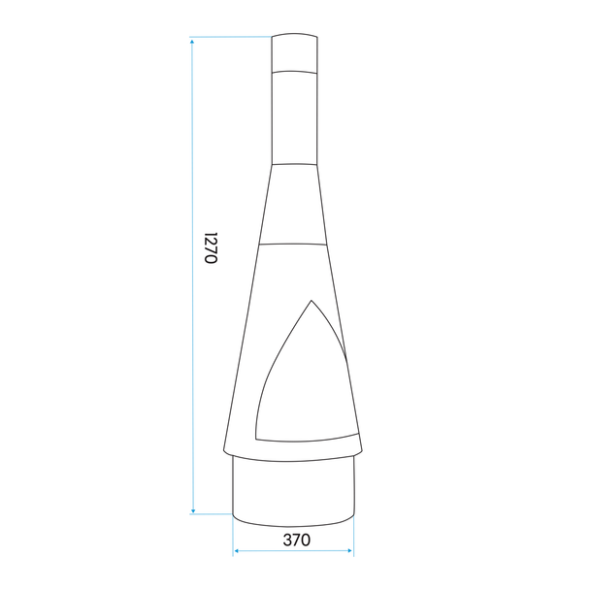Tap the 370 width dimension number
pyautogui.click(x=295, y=541)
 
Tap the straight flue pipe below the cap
pyautogui.click(x=294, y=116)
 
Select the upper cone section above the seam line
pyautogui.click(x=294, y=204)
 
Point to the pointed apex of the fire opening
pyautogui.click(x=310, y=301)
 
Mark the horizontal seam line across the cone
pyautogui.click(x=294, y=244)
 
